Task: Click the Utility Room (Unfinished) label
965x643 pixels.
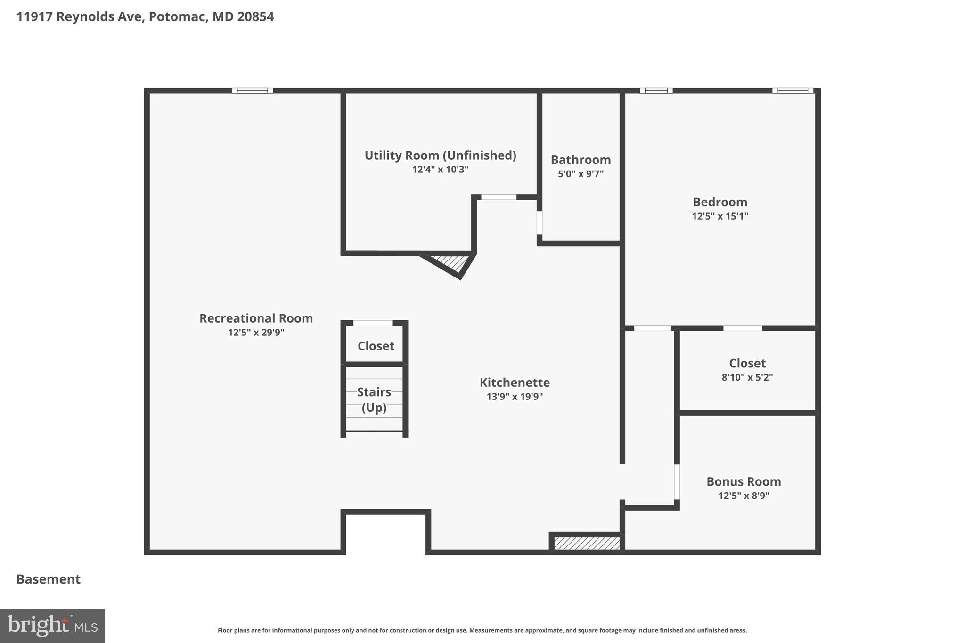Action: click(x=440, y=155)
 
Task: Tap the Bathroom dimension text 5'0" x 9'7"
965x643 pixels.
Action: click(x=581, y=174)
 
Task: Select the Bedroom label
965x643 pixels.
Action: click(x=720, y=202)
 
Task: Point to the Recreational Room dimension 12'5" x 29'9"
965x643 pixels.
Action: click(x=256, y=333)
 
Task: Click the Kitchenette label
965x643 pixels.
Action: click(x=515, y=383)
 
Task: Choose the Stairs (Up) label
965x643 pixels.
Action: click(x=374, y=399)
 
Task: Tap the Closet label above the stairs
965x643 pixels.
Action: click(x=376, y=346)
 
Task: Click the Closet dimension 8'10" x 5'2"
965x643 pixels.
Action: click(x=747, y=377)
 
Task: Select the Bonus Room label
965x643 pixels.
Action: click(x=744, y=482)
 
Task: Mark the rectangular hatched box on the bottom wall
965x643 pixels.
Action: click(x=587, y=544)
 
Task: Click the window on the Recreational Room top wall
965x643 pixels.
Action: click(x=252, y=90)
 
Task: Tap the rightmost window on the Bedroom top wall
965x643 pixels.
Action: click(x=792, y=90)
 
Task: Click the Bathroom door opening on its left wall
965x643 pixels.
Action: click(x=540, y=222)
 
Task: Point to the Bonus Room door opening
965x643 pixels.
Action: click(x=677, y=481)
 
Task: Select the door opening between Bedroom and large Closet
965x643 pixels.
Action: click(x=742, y=328)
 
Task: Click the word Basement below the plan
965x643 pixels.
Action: click(x=49, y=579)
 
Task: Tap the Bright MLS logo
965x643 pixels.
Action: click(x=52, y=626)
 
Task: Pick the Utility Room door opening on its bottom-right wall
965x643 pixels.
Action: click(x=499, y=197)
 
